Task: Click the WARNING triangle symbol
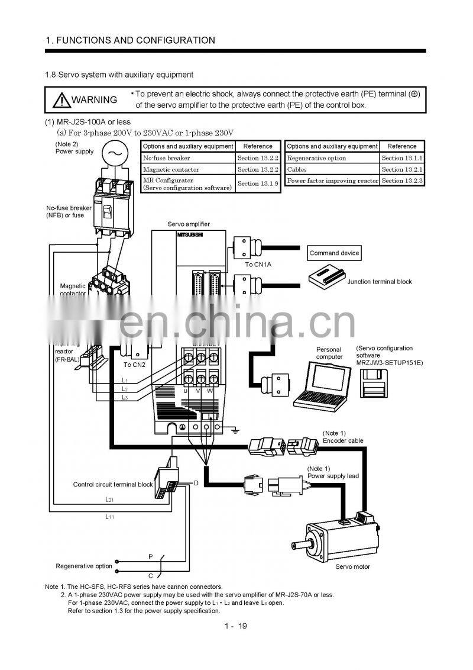pos(61,100)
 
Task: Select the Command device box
pos(334,253)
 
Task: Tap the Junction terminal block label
pos(379,282)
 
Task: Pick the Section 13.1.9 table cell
pos(258,183)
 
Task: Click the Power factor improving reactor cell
pos(332,181)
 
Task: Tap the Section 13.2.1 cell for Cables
pos(402,169)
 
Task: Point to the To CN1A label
pos(258,265)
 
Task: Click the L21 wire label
pos(110,500)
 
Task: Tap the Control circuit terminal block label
pos(113,484)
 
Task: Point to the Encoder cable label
pos(343,440)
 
